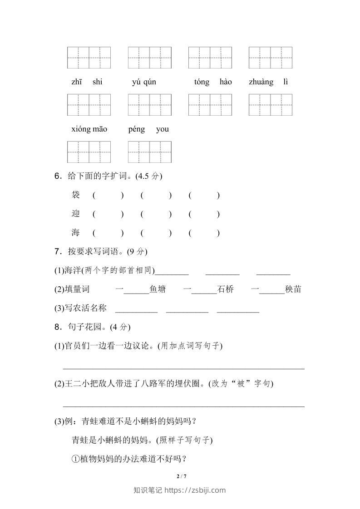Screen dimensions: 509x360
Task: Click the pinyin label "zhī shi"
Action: tap(87, 82)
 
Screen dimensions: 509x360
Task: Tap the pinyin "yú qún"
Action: tap(144, 82)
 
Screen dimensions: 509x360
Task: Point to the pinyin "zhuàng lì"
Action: tap(268, 82)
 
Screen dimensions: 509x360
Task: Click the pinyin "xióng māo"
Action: tap(89, 129)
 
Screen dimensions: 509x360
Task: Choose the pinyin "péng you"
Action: tap(148, 129)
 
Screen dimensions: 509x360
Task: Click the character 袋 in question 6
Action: tap(76, 195)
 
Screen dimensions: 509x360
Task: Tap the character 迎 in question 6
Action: tap(76, 214)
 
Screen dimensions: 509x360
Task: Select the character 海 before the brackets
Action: tap(76, 233)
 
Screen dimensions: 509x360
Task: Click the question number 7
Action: tap(58, 251)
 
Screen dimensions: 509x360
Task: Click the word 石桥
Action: tap(226, 289)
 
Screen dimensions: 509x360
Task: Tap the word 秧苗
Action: tap(293, 289)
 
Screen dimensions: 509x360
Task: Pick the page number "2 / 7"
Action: tap(181, 476)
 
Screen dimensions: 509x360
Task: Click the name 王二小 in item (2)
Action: tap(74, 384)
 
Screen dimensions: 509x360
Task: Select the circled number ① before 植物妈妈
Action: tap(76, 459)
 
